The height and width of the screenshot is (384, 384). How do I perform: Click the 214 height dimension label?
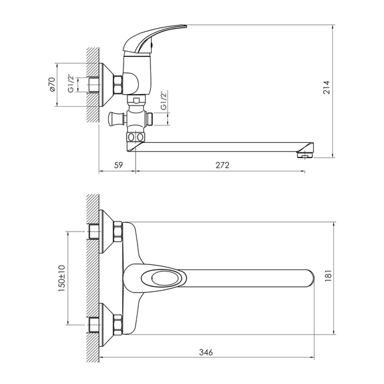[326, 88]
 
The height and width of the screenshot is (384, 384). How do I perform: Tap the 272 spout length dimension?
[222, 165]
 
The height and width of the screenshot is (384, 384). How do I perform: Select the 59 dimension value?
[118, 165]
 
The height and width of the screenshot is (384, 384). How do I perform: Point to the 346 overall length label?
[206, 353]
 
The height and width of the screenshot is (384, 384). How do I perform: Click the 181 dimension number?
[328, 275]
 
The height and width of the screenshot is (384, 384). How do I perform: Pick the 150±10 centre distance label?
[61, 278]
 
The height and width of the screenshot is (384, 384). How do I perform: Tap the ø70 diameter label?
[52, 84]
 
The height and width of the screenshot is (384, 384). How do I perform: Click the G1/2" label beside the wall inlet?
[71, 83]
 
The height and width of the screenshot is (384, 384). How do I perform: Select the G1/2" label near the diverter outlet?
[163, 100]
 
